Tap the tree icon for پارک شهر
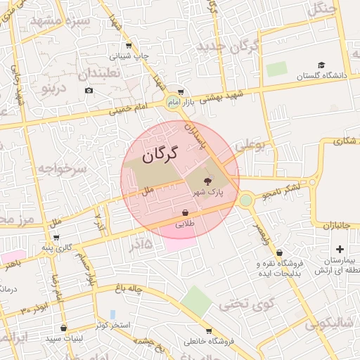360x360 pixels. click(207, 181)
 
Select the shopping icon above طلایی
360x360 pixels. click(185, 212)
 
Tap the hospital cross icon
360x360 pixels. click(340, 249)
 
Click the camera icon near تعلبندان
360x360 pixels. click(89, 90)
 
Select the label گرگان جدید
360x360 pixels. click(229, 48)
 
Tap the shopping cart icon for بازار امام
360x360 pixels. click(181, 92)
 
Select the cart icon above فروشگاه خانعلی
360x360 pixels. click(209, 330)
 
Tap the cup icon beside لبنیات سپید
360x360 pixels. click(64, 328)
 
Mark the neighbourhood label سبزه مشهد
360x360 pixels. click(59, 21)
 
